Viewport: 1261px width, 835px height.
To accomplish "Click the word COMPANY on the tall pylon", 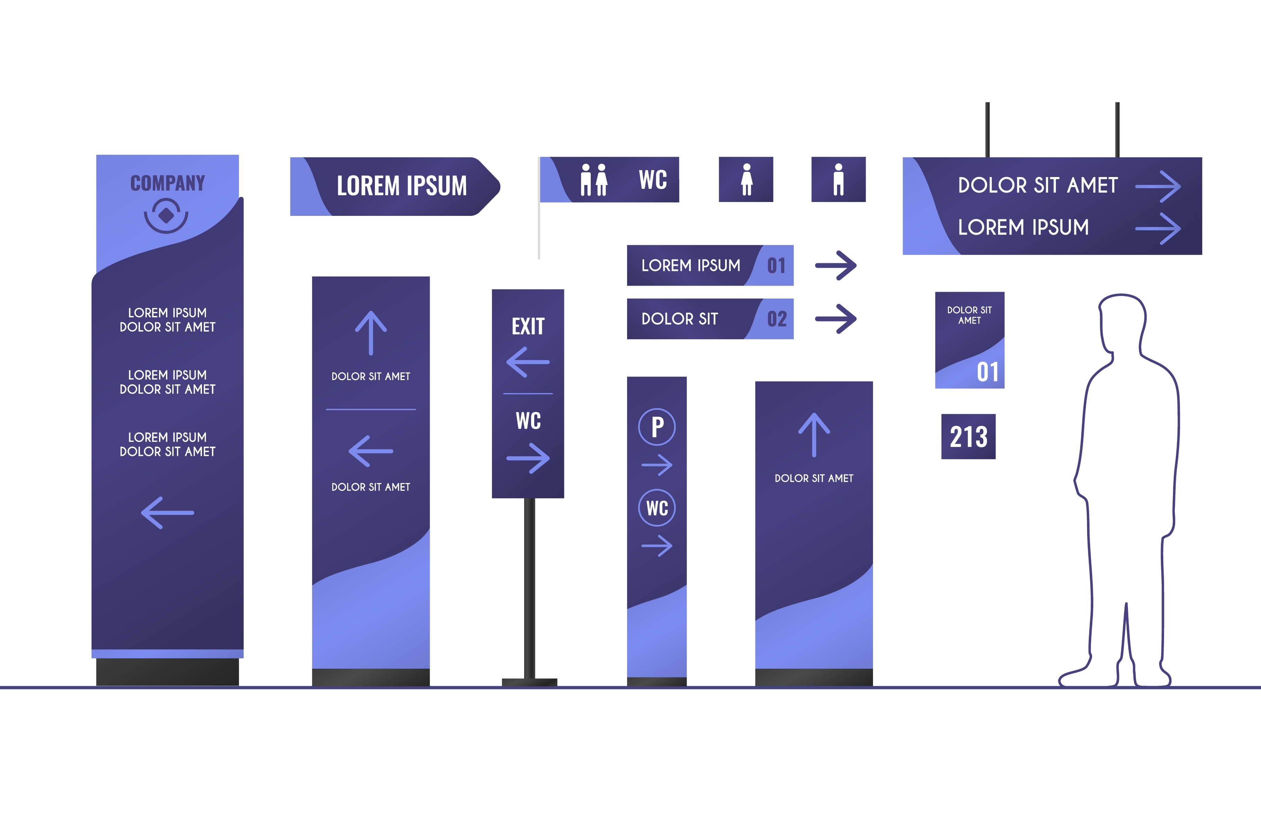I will (168, 183).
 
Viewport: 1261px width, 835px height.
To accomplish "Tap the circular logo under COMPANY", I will (166, 215).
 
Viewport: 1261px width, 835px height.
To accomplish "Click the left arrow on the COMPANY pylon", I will (167, 513).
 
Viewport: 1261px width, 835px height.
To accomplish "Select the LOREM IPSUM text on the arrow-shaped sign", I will (402, 186).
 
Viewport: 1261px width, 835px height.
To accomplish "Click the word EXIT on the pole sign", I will (528, 326).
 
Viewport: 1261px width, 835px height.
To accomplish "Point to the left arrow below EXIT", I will (528, 362).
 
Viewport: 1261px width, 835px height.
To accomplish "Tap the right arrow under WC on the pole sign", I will (528, 458).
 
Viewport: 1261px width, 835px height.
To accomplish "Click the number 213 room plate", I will (968, 437).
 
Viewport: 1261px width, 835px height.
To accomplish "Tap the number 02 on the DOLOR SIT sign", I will (777, 319).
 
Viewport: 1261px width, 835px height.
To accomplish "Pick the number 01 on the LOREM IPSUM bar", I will (777, 266).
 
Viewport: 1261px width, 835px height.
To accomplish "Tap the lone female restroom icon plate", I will (746, 179).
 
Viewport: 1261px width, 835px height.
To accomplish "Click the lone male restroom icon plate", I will (838, 179).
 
